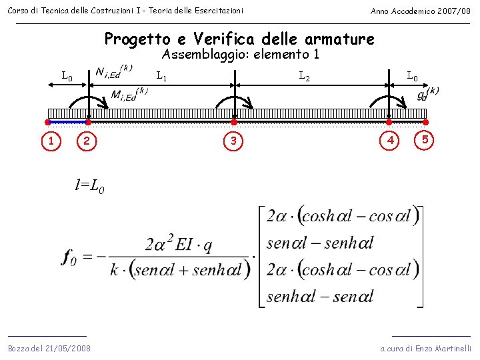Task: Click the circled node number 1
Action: click(51, 141)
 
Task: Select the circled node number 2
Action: click(85, 141)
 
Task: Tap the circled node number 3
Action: click(234, 141)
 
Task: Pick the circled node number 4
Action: click(390, 141)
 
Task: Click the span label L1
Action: click(161, 77)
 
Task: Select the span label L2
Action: click(304, 77)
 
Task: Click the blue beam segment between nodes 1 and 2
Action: click(67, 122)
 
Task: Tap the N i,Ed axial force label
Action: click(113, 72)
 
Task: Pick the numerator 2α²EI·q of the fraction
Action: click(178, 245)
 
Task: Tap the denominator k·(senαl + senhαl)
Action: click(178, 270)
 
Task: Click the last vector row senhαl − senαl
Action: click(319, 296)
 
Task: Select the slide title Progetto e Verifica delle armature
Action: click(239, 39)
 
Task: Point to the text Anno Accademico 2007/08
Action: click(420, 11)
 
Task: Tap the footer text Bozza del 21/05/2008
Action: click(49, 349)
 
